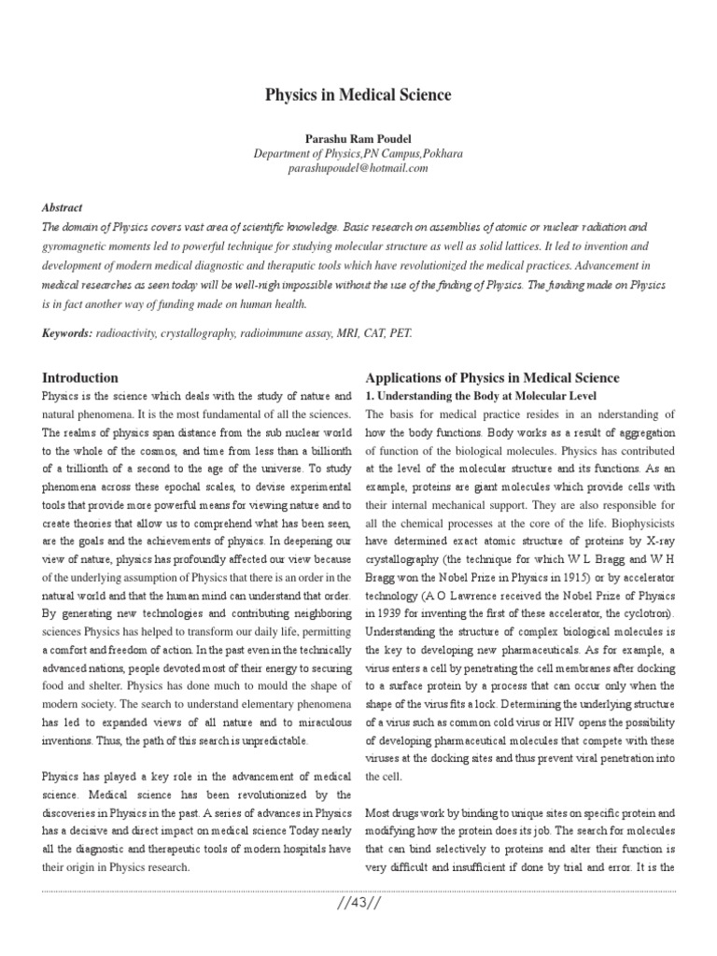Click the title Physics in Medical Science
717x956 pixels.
coord(358,95)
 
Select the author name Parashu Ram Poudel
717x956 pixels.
coord(358,138)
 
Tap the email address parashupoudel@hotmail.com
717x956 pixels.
coord(358,169)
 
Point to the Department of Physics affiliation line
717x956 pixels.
coord(358,153)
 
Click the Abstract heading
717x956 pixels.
coord(63,208)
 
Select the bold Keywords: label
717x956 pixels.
coord(67,332)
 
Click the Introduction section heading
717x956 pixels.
coord(80,378)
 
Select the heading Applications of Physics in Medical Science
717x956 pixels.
coord(492,378)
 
